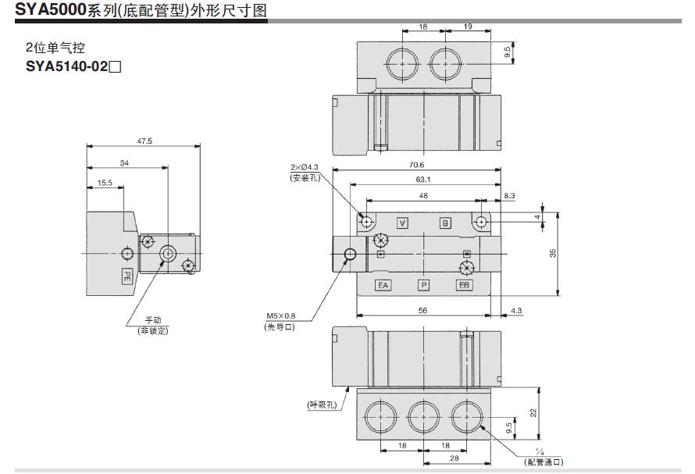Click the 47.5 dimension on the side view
click(x=144, y=141)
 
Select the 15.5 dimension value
click(x=105, y=183)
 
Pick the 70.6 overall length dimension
click(x=416, y=165)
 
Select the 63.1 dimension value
click(x=425, y=179)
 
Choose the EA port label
click(x=383, y=285)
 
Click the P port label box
click(x=424, y=285)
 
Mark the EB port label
click(x=465, y=285)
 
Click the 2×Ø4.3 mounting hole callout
click(x=305, y=173)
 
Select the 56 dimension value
click(x=424, y=311)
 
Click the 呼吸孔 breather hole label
click(x=322, y=405)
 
